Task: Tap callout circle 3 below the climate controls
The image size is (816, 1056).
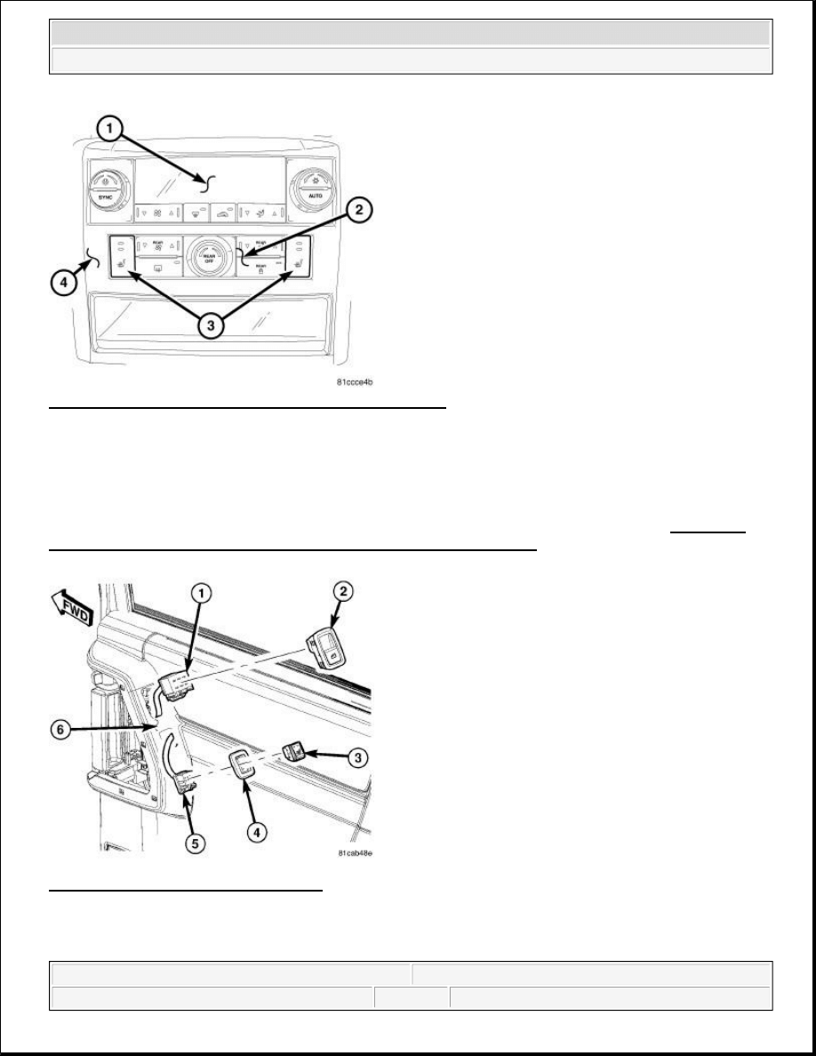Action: (210, 325)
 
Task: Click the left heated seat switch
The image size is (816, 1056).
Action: (120, 259)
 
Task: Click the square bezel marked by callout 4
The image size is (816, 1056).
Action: (242, 764)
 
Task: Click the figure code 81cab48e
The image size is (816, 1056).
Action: (356, 852)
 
